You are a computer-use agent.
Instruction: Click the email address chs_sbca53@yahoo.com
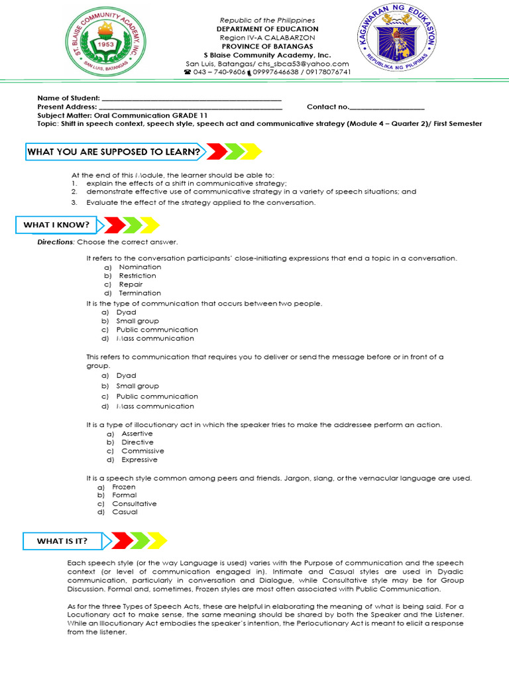[x=313, y=64]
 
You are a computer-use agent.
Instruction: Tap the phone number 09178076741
[x=327, y=72]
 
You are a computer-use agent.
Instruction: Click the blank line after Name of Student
[x=192, y=98]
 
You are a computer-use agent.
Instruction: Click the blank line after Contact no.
[x=386, y=107]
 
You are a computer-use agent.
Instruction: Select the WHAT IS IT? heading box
[x=62, y=541]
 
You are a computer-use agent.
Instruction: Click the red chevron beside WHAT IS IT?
[x=122, y=541]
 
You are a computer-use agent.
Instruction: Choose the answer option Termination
[x=140, y=292]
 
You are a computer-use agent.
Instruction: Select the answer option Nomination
[x=140, y=267]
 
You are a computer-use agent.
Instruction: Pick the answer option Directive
[x=137, y=442]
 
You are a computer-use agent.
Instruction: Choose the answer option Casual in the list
[x=125, y=512]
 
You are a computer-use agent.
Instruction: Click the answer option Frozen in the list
[x=124, y=487]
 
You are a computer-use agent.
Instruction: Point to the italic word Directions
[x=55, y=242]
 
